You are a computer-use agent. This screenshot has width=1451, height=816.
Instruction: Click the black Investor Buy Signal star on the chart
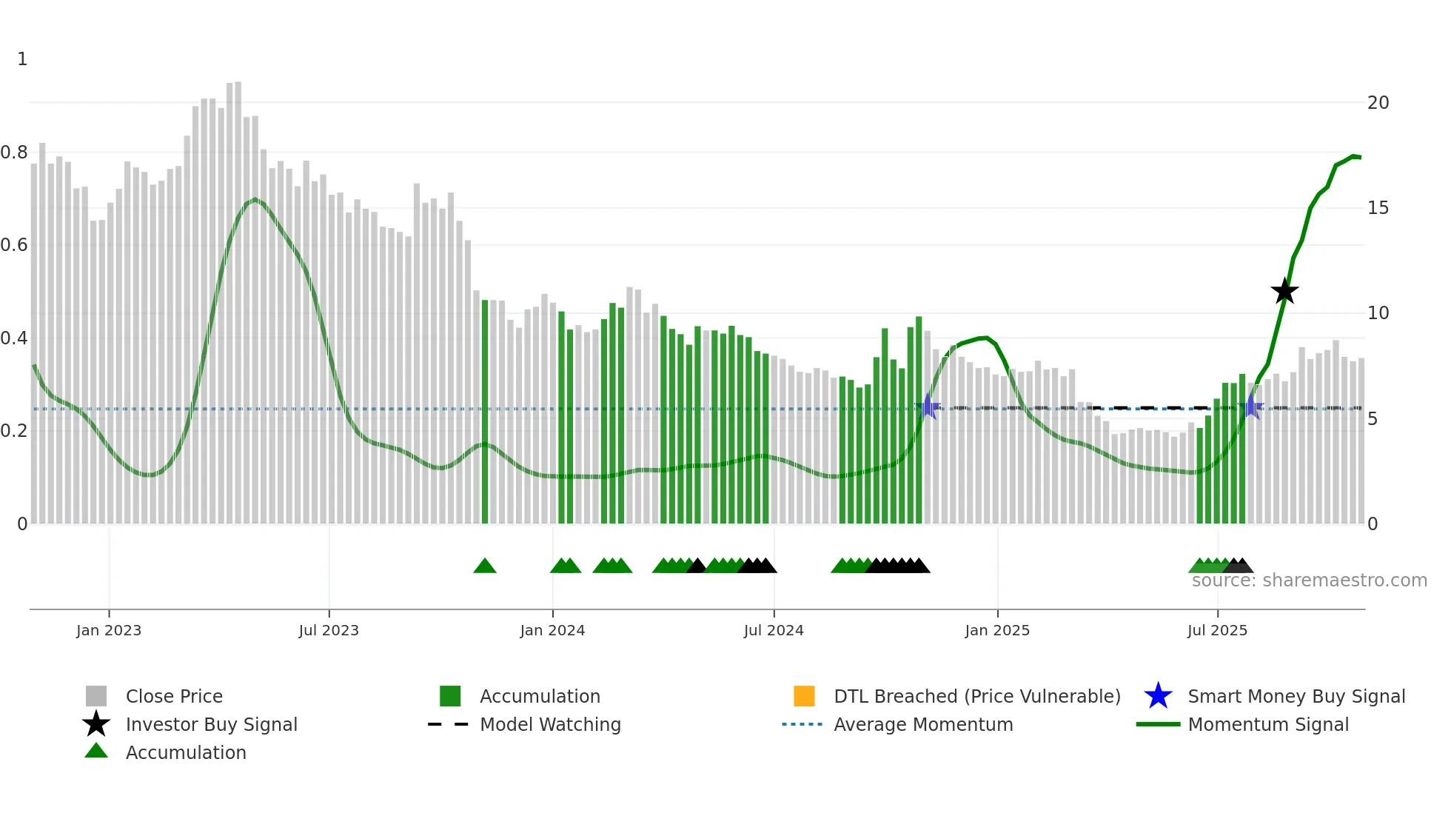(x=1284, y=291)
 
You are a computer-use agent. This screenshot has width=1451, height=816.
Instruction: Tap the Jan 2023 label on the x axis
(x=109, y=630)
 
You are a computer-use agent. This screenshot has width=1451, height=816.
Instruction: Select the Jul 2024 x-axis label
(x=774, y=630)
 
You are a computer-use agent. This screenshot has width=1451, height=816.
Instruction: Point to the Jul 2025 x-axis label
(x=1217, y=630)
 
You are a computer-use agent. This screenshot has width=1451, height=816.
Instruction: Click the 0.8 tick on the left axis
(x=14, y=153)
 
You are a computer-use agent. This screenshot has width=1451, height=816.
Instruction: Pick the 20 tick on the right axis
(x=1378, y=103)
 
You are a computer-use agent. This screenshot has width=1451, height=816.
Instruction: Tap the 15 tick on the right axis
(x=1378, y=208)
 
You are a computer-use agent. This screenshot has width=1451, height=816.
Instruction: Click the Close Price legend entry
(x=174, y=696)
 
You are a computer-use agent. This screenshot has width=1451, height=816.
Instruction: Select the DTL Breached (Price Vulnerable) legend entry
(x=976, y=696)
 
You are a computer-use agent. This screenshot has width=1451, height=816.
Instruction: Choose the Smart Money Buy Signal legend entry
(x=1296, y=696)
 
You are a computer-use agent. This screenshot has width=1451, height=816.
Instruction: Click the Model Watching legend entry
(x=550, y=724)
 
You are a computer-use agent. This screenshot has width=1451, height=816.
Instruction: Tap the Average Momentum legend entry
(x=923, y=724)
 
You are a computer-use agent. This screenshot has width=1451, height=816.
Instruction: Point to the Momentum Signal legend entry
(x=1268, y=724)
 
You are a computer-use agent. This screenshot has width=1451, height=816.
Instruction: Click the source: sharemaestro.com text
(x=1309, y=581)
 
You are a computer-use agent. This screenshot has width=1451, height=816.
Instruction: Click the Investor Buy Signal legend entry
(x=211, y=724)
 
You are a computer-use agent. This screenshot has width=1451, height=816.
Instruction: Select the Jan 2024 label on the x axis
(x=552, y=630)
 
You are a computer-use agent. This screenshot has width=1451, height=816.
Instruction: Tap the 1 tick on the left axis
(x=22, y=59)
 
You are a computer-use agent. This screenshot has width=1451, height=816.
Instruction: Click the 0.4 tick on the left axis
(x=14, y=338)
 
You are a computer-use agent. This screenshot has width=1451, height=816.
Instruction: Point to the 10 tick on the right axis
(x=1378, y=313)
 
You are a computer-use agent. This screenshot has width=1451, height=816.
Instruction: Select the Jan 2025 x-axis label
(x=997, y=630)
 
